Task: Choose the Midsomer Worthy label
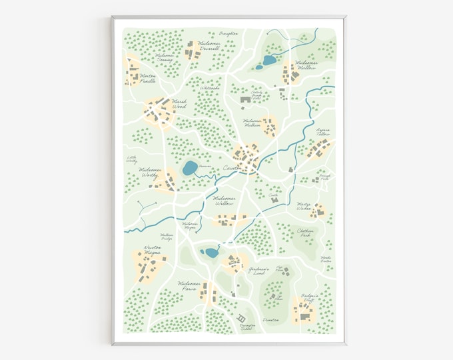coord(151,172)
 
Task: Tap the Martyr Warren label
coord(304,207)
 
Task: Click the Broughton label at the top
coord(228,32)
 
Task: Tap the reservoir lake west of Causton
coord(190,167)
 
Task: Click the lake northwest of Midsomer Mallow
coord(268,61)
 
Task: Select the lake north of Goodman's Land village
coord(211,253)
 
